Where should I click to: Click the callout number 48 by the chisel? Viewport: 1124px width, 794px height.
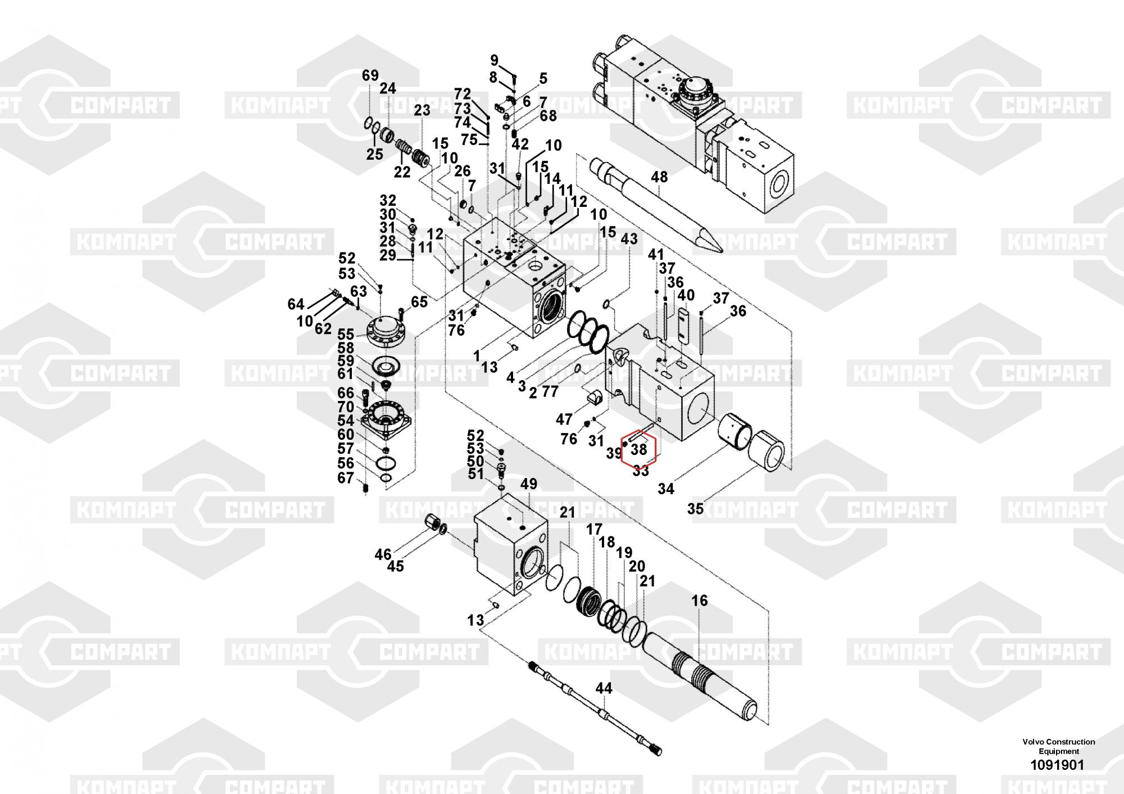(659, 177)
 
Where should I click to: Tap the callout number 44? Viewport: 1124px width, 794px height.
(604, 688)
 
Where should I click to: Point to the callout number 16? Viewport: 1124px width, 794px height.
(700, 601)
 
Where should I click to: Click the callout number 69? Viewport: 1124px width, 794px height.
(370, 75)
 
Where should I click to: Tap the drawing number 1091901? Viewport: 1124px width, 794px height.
(1057, 765)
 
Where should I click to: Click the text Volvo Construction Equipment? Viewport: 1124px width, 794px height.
(1059, 746)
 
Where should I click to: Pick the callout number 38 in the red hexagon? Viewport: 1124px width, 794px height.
(639, 450)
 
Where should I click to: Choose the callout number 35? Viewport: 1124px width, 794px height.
(695, 508)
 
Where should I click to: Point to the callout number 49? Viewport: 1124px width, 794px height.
(529, 484)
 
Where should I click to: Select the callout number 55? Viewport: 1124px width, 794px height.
(346, 335)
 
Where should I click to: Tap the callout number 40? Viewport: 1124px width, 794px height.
(686, 295)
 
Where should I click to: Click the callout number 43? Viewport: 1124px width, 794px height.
(629, 239)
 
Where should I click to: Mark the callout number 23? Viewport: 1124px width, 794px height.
(422, 110)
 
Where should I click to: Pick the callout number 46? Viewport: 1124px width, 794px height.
(383, 555)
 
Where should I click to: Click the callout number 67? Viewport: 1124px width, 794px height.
(346, 478)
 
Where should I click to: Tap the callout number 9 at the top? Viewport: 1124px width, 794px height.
(495, 60)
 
